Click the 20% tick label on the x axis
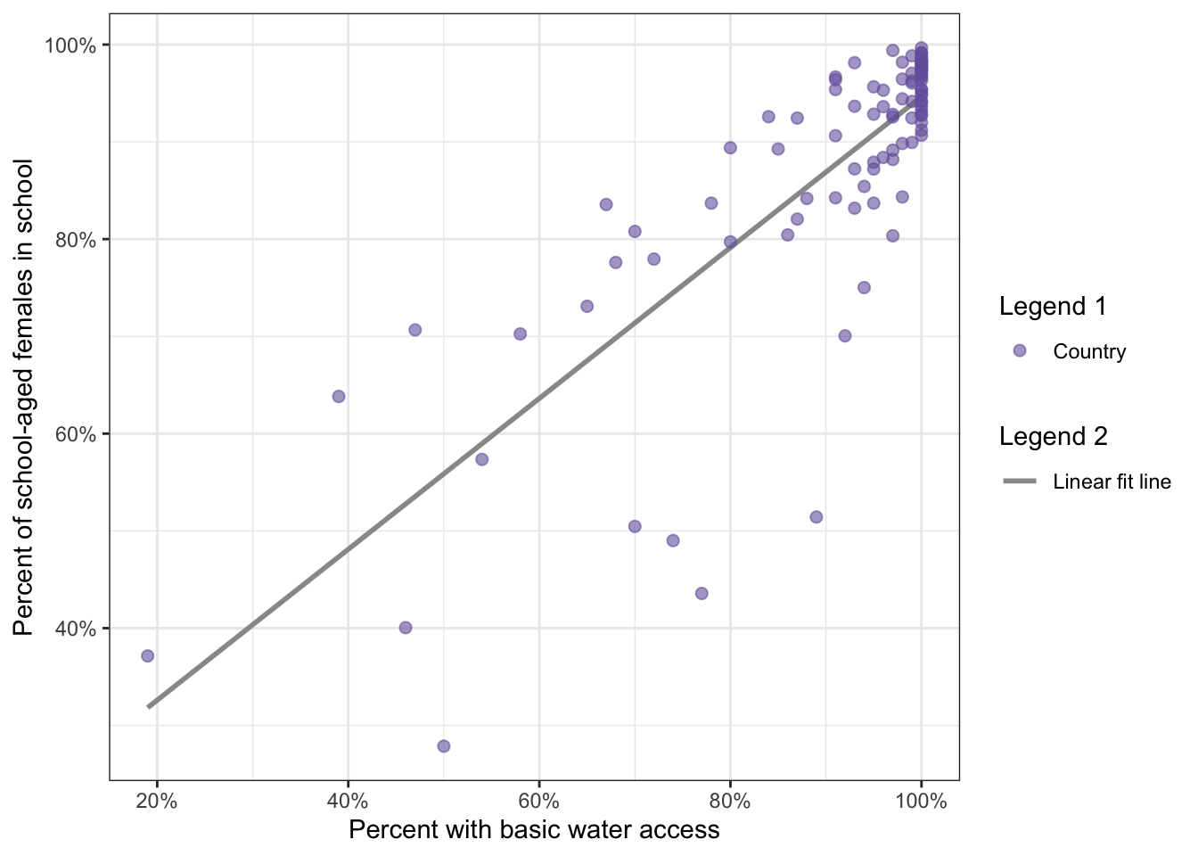click(157, 801)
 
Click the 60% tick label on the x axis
click(539, 801)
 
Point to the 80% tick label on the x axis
click(730, 801)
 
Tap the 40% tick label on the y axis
click(75, 629)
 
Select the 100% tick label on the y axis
click(70, 45)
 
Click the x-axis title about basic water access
click(534, 830)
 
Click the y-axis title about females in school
click(24, 397)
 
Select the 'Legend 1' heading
click(1053, 307)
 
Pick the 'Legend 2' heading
click(1054, 437)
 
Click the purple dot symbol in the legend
click(1020, 351)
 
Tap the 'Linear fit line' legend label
click(1112, 482)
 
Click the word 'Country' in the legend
click(1089, 352)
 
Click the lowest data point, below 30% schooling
click(444, 746)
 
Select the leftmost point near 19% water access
click(148, 656)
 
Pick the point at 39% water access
click(339, 397)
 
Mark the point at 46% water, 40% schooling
click(406, 628)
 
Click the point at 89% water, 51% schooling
click(816, 517)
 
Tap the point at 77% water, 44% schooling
click(702, 594)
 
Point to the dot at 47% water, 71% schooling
click(415, 330)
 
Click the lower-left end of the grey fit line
click(150, 706)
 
